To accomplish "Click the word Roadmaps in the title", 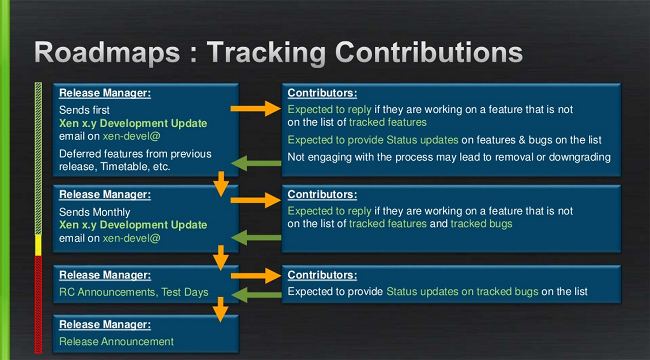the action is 107,52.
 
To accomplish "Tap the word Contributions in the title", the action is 428,52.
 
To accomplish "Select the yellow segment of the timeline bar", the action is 38,245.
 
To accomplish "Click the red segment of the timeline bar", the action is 38,305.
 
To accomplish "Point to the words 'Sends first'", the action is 84,110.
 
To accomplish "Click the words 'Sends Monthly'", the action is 95,212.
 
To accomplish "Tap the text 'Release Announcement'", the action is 116,342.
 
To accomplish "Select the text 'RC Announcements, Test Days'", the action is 134,292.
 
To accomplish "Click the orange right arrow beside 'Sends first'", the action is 256,109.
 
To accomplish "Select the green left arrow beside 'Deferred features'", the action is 256,163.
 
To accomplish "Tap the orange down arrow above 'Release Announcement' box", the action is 220,310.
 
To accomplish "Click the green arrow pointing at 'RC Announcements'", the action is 257,295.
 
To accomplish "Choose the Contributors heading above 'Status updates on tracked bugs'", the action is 322,274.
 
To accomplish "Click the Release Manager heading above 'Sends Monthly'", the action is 105,194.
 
